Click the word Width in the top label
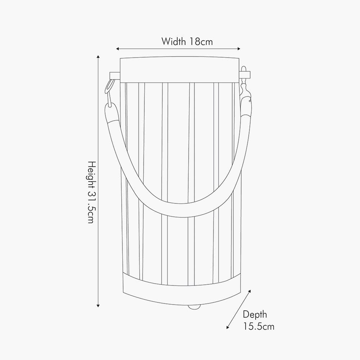click(174, 41)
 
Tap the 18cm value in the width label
click(201, 41)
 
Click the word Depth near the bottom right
click(255, 315)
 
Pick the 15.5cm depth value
click(259, 326)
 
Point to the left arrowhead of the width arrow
click(117, 49)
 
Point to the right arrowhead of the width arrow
click(239, 49)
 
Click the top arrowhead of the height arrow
click(98, 57)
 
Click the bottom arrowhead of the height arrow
click(98, 306)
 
